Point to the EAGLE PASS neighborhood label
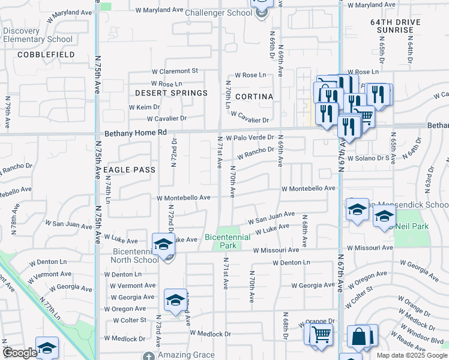(x=130, y=170)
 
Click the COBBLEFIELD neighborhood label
(x=46, y=55)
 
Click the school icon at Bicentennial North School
(x=163, y=244)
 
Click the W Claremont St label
(x=175, y=71)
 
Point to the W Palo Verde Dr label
(x=250, y=137)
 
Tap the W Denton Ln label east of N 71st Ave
(x=291, y=262)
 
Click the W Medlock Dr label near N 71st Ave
(x=210, y=333)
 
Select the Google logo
(x=20, y=353)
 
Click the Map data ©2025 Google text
(x=411, y=355)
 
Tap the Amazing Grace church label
(x=186, y=355)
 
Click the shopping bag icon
(x=362, y=337)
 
